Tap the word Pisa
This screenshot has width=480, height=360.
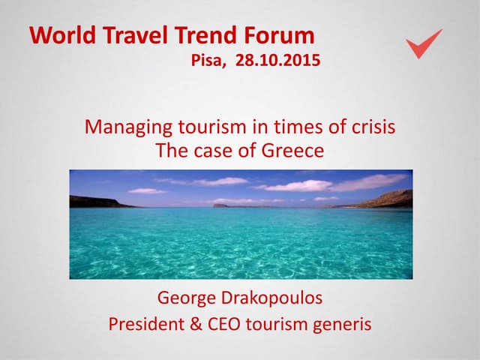coord(208,61)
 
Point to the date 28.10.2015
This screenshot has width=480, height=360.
coord(277,61)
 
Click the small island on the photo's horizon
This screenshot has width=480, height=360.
coord(221,203)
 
